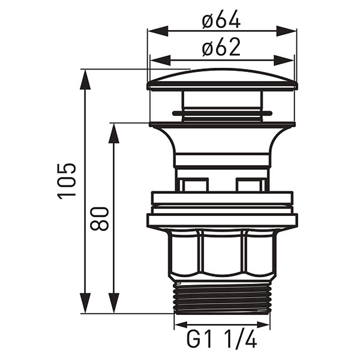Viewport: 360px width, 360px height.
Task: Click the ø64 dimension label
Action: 221,20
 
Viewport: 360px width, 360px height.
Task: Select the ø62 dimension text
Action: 221,47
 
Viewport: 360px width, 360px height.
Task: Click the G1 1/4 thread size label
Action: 221,340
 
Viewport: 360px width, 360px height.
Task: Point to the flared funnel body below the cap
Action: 221,144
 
